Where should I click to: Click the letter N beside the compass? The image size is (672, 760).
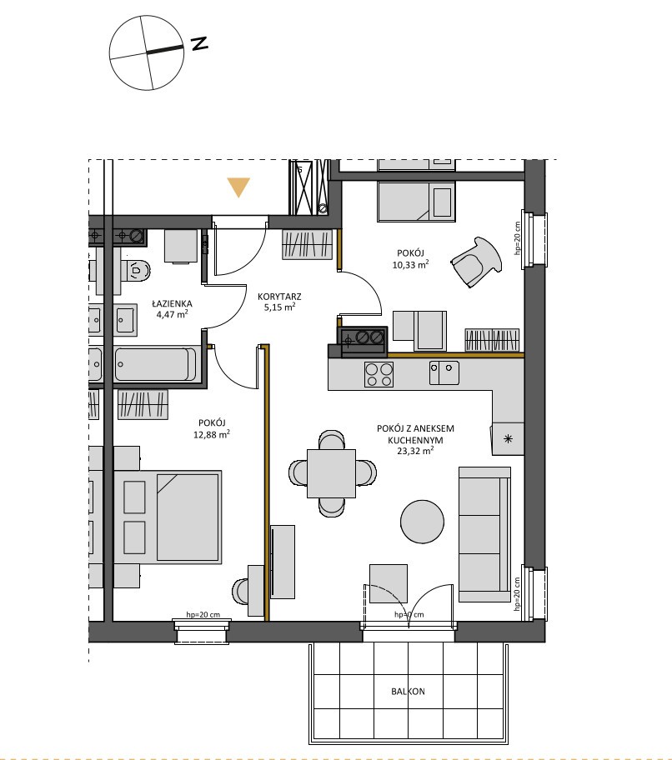pyautogui.click(x=199, y=43)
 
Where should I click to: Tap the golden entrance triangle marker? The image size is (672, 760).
pyautogui.click(x=238, y=187)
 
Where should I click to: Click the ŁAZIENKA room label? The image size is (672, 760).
pyautogui.click(x=172, y=304)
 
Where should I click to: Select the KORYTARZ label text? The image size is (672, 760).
pyautogui.click(x=279, y=297)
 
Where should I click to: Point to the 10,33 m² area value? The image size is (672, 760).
pyautogui.click(x=411, y=265)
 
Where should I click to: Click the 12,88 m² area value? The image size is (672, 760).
pyautogui.click(x=212, y=434)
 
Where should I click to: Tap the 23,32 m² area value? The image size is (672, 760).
pyautogui.click(x=415, y=451)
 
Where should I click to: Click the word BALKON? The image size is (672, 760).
pyautogui.click(x=408, y=692)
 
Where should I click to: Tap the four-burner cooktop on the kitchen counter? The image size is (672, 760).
pyautogui.click(x=379, y=374)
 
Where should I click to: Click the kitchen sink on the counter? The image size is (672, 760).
pyautogui.click(x=444, y=372)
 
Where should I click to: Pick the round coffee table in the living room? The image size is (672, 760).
pyautogui.click(x=422, y=522)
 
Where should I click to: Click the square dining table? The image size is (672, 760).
pyautogui.click(x=331, y=473)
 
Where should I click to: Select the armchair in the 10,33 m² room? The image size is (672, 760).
pyautogui.click(x=476, y=262)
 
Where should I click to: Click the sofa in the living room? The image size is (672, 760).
pyautogui.click(x=484, y=534)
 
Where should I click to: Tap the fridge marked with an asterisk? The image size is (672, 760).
pyautogui.click(x=508, y=438)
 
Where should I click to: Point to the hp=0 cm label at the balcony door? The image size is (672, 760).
pyautogui.click(x=409, y=615)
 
